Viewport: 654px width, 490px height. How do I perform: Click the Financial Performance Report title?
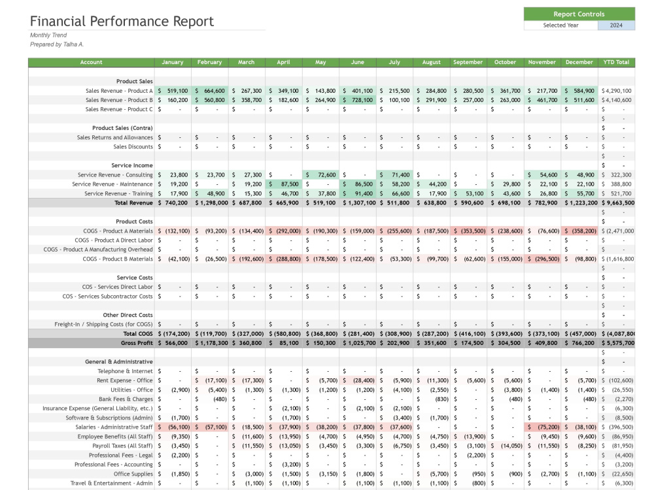122,22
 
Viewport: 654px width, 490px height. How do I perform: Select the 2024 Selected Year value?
616,25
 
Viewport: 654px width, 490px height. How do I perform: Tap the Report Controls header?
579,14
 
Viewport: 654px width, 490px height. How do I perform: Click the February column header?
209,62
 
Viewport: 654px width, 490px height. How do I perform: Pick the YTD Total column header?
616,62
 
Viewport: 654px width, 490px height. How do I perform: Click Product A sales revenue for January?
173,91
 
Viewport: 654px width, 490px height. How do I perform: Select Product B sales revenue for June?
358,100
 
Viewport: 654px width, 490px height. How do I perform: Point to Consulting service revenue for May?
320,175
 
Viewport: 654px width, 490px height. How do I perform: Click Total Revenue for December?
579,203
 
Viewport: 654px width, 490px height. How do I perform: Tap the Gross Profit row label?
137,343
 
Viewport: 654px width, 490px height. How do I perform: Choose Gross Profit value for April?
284,343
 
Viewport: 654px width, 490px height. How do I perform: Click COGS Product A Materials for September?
468,231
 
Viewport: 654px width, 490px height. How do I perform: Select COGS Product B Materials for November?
542,259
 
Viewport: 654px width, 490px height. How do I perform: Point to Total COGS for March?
247,334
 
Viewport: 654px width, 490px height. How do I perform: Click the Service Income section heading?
132,165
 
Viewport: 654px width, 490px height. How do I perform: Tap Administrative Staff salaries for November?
542,427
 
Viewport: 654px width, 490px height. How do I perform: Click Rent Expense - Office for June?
358,380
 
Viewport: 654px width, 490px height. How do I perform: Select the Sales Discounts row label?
133,146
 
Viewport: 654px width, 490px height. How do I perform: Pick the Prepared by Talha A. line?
57,44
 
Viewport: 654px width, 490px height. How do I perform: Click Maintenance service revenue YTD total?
617,184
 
